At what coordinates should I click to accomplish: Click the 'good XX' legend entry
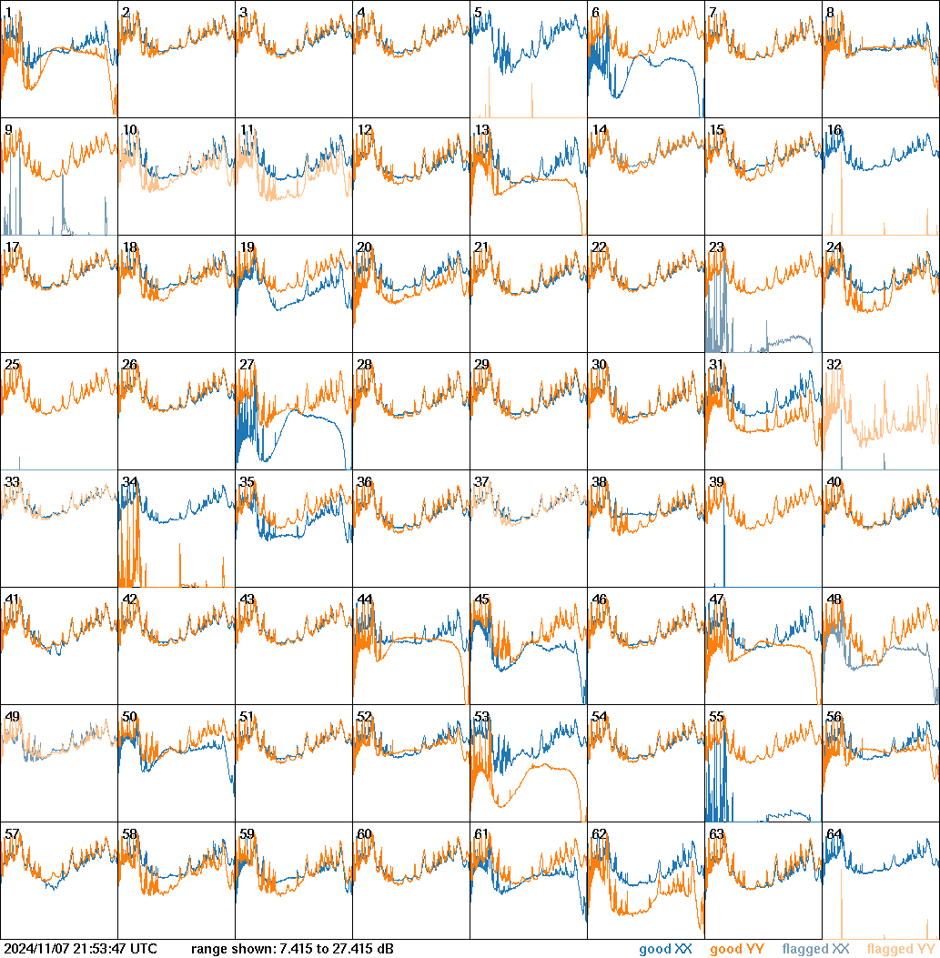tap(665, 949)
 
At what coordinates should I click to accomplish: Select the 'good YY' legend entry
tap(736, 949)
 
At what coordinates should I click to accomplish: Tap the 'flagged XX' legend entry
tap(815, 949)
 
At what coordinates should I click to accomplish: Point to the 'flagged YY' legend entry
tap(900, 949)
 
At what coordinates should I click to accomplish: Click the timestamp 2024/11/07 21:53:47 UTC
tap(81, 949)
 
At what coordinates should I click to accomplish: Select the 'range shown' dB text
tap(292, 949)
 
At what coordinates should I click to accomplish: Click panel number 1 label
tap(8, 12)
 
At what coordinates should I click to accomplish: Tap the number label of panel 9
tap(8, 129)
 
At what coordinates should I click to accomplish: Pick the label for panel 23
tap(716, 247)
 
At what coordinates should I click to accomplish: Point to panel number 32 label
tap(834, 364)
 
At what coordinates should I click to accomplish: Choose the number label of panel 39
tap(716, 481)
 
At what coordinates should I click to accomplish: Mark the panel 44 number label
tap(364, 599)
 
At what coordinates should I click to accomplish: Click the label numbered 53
tap(481, 716)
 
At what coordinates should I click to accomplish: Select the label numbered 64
tap(834, 833)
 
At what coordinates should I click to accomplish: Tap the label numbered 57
tap(12, 833)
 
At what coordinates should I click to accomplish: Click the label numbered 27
tap(247, 364)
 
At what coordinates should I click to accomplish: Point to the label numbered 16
tap(834, 129)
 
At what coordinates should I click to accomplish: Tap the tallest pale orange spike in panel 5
tap(489, 92)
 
